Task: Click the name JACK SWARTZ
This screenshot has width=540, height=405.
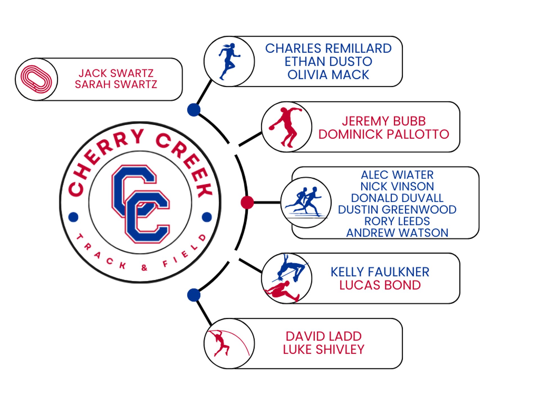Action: [x=116, y=73]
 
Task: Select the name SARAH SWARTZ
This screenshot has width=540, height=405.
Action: [x=116, y=84]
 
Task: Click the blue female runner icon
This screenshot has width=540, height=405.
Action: [x=229, y=61]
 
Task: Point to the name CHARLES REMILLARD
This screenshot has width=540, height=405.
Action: [x=328, y=48]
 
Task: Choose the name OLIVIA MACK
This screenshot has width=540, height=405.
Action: [x=328, y=75]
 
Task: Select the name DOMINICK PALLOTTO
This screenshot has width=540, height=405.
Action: [x=384, y=134]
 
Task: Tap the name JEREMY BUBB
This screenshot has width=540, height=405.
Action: [x=384, y=121]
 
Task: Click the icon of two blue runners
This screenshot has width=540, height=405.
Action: [x=306, y=202]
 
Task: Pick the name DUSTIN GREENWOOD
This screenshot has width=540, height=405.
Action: [x=397, y=210]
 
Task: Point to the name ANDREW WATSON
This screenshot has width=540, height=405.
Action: [x=397, y=233]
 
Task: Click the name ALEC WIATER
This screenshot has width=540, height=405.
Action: [x=397, y=175]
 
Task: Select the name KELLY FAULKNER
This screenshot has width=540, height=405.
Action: [x=380, y=272]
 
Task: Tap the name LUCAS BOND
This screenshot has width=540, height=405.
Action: [x=380, y=285]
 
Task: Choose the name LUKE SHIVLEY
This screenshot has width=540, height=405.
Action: [x=323, y=350]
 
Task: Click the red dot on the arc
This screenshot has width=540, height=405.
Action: [x=247, y=202]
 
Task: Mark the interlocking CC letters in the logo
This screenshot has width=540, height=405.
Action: [x=141, y=204]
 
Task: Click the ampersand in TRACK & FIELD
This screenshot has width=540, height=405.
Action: [x=144, y=267]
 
